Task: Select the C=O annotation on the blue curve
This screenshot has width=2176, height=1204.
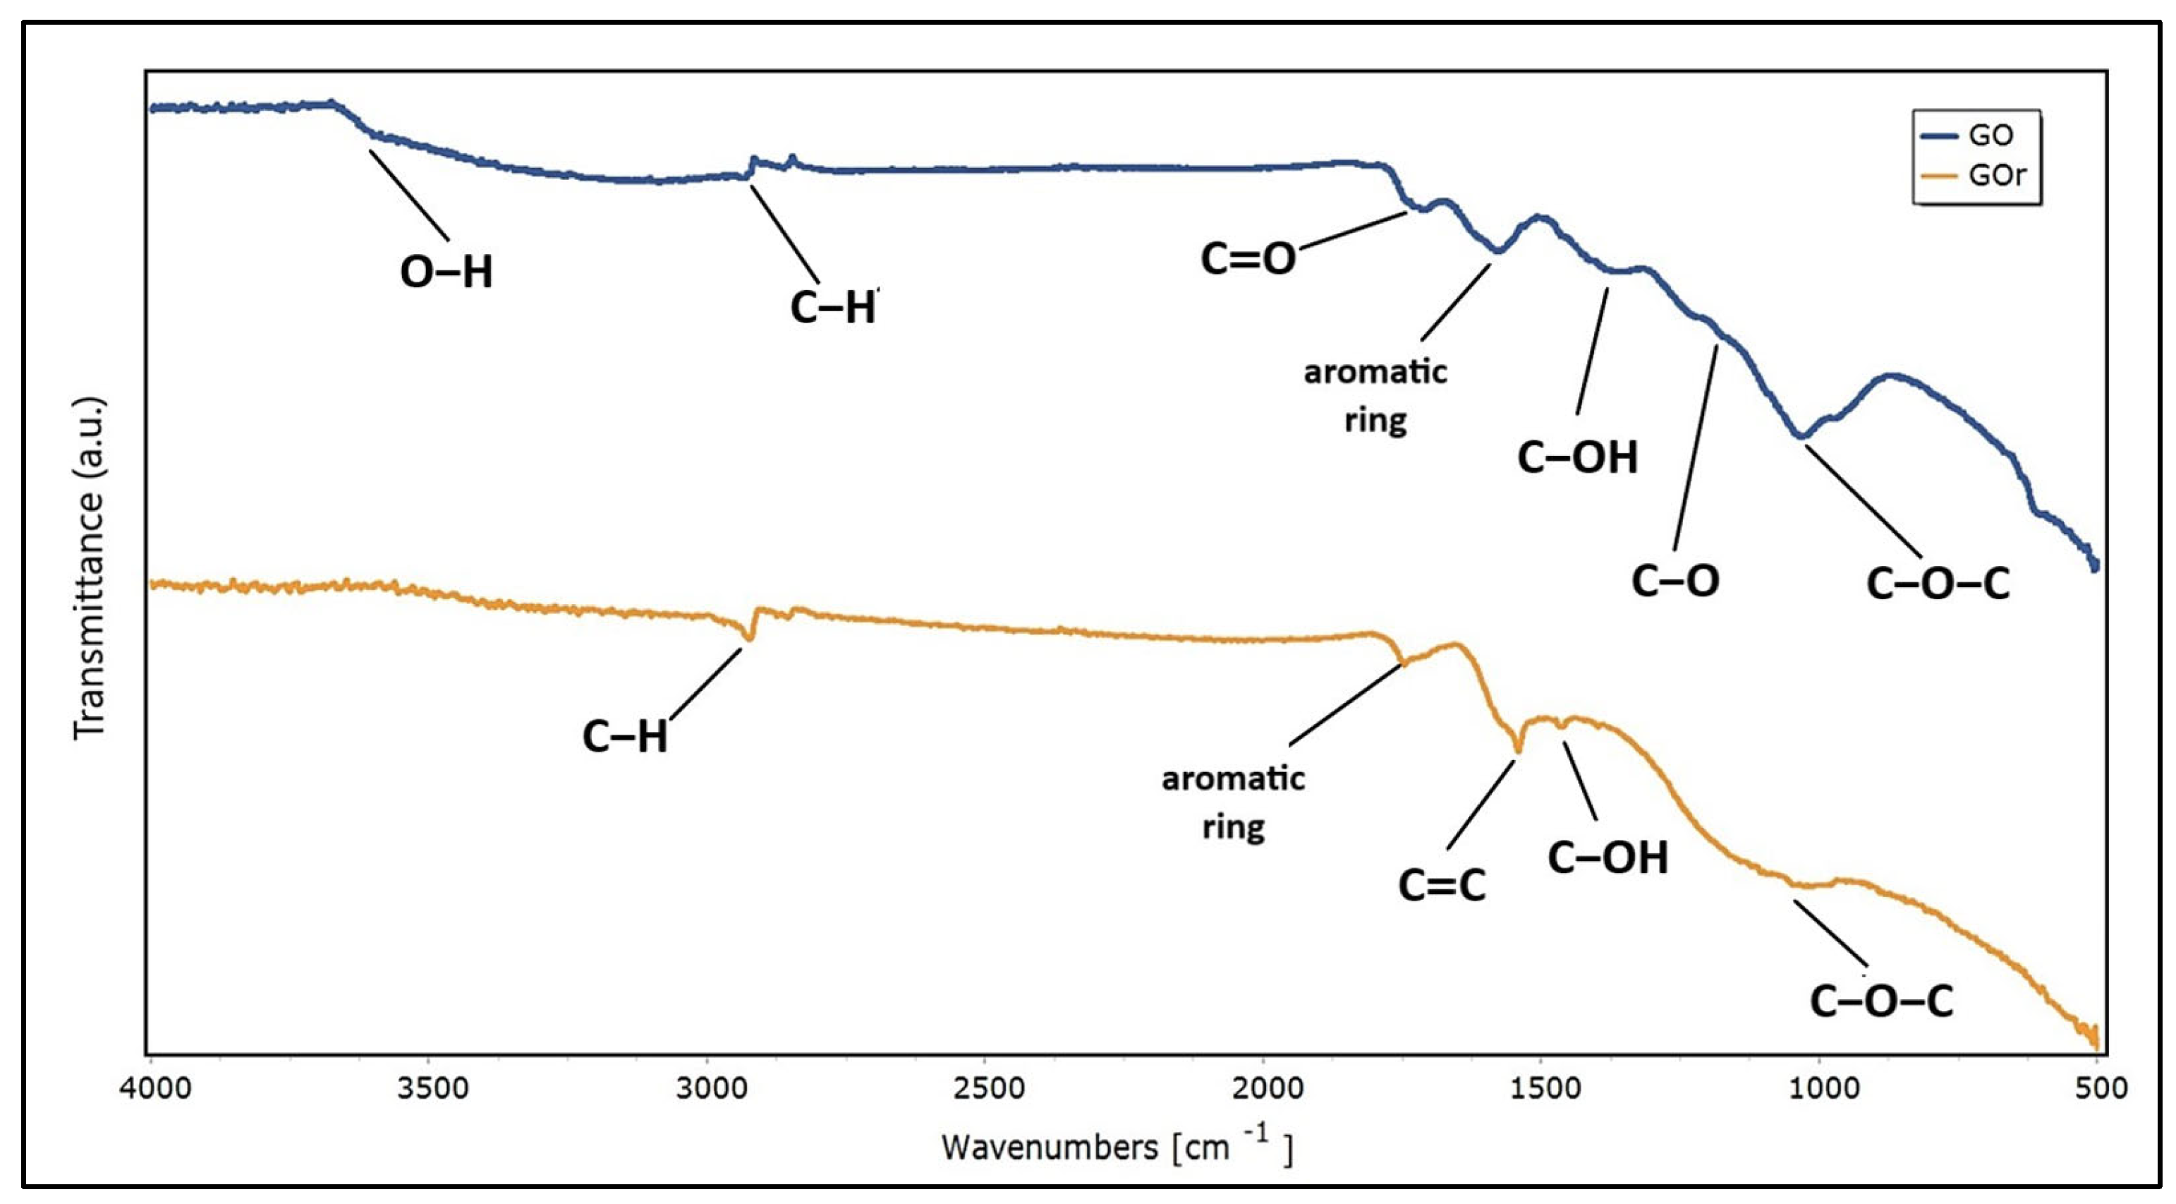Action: [x=1248, y=258]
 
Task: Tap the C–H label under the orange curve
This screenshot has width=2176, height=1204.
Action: [x=624, y=737]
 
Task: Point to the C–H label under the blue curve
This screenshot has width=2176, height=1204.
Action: [x=833, y=308]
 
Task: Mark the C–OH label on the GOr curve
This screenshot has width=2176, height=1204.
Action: [x=1607, y=858]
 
